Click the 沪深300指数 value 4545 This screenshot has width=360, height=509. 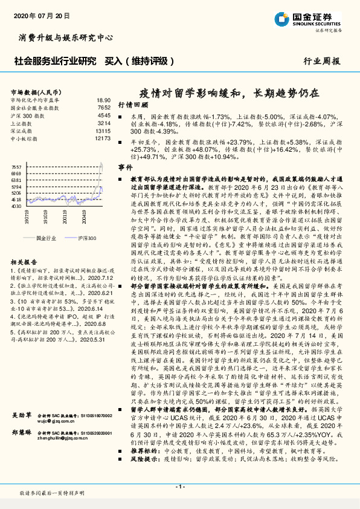tap(104, 115)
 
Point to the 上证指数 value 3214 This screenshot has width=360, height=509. tap(104, 123)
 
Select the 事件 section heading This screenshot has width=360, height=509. tap(124, 166)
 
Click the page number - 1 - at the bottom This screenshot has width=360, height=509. tap(179, 487)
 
